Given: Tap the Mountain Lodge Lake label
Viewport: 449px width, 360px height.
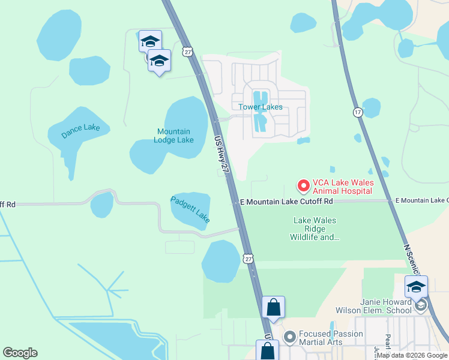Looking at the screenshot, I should [x=174, y=136].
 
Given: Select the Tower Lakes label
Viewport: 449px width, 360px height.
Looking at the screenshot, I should [x=260, y=107].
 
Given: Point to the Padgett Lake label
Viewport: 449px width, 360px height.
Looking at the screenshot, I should [x=190, y=210].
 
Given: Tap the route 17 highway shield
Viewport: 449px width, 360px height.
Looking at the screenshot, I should [x=358, y=112].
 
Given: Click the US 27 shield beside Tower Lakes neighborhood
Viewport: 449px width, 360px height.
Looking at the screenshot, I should [x=188, y=52].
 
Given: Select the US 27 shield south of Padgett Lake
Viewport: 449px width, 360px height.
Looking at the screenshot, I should [x=248, y=258].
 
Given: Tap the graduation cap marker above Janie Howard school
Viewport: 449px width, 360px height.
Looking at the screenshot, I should [x=416, y=287].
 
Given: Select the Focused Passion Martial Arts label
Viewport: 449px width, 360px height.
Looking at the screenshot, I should [x=331, y=338].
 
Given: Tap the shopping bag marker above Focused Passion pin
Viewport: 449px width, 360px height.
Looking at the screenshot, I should [x=273, y=307].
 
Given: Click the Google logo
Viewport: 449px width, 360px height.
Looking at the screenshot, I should [x=20, y=353].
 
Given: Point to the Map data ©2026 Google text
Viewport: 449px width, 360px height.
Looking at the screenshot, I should [x=412, y=356].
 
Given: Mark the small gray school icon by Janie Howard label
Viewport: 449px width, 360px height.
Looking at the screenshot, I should [x=421, y=306].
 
